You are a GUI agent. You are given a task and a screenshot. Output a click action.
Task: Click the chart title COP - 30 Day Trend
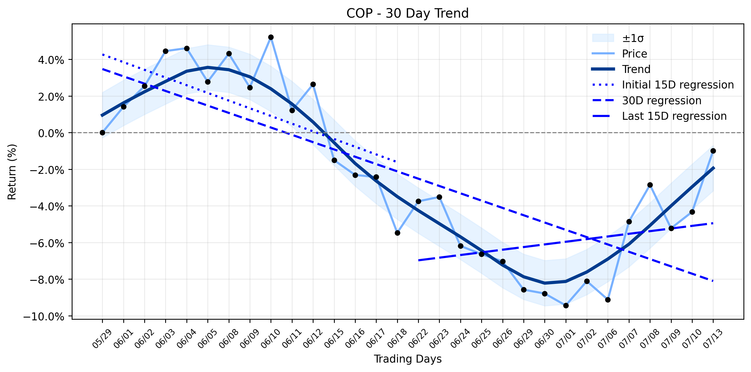pos(407,13)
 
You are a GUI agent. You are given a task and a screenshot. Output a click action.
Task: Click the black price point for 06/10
pos(271,37)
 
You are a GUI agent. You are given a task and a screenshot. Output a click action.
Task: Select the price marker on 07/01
pos(566,305)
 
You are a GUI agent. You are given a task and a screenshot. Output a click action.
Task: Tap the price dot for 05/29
pos(102,133)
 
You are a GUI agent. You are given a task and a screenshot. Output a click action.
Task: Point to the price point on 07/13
pos(713,151)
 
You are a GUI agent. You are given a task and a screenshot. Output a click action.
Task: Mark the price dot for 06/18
pos(397,233)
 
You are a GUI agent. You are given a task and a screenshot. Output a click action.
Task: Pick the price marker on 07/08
pos(650,185)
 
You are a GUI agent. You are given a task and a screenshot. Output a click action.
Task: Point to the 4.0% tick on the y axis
pos(51,60)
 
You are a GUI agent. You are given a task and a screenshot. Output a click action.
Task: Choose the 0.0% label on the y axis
pos(51,133)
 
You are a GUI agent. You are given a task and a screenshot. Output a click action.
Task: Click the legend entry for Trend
pos(620,69)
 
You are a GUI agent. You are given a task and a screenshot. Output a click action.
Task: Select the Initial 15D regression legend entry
pos(662,85)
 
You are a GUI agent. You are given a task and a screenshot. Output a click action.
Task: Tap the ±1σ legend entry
pos(618,38)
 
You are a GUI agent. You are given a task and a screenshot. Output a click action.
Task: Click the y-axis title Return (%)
pos(12,172)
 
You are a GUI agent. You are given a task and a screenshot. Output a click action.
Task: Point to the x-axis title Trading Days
pos(407,359)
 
